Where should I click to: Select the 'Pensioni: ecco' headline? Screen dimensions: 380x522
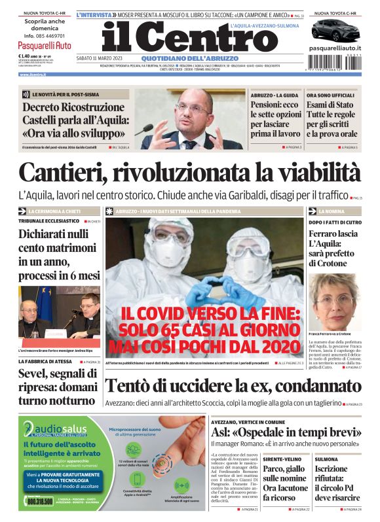[x=275, y=105]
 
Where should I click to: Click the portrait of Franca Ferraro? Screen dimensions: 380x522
[x=334, y=298]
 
